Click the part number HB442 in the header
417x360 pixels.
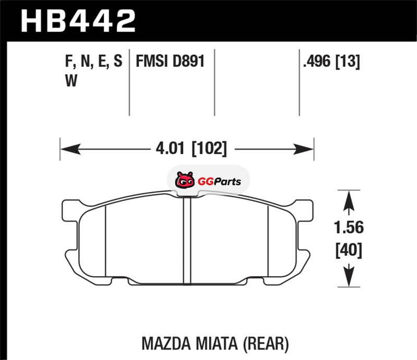tap(79, 21)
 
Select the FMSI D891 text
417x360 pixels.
tap(170, 61)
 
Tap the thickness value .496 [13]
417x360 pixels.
tap(332, 61)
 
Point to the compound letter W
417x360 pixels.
tap(71, 81)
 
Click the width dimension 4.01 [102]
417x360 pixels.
tap(191, 148)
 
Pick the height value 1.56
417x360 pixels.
tap(349, 228)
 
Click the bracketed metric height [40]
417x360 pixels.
tap(349, 250)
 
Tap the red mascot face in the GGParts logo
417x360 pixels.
tap(185, 181)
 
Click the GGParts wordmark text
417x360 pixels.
tap(219, 182)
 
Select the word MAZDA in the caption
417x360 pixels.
tap(166, 343)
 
